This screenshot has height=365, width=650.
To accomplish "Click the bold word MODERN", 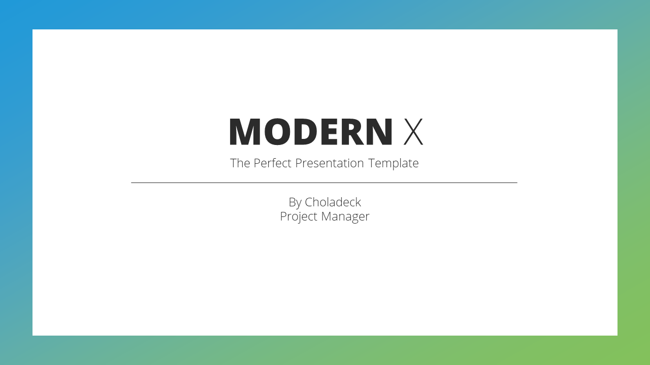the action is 311,131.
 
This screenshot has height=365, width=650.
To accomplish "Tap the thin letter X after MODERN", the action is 413,131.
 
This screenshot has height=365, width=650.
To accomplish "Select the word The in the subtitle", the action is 240,163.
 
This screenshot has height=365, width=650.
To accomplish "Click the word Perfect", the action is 272,163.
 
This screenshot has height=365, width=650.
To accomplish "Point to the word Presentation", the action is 330,163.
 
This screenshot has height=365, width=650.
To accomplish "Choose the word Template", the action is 393,164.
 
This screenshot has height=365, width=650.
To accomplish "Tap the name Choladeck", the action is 333,202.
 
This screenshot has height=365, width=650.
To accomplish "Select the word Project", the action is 299,216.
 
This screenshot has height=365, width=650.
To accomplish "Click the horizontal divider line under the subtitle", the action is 324,183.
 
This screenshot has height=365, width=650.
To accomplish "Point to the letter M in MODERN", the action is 245,131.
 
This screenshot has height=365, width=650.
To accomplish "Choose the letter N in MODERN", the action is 379,131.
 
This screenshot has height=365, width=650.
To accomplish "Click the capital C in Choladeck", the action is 309,202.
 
